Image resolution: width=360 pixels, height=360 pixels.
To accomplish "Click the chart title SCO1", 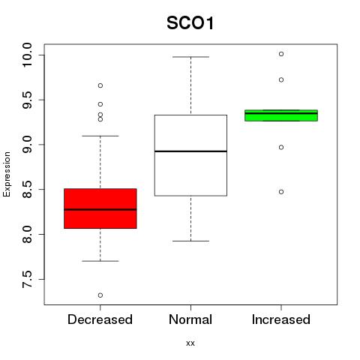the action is (x=190, y=23).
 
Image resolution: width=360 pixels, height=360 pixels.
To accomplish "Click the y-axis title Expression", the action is (x=7, y=174).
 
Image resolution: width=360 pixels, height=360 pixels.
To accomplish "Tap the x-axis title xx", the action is (x=190, y=343).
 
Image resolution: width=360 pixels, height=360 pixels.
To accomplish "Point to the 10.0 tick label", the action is (x=27, y=55).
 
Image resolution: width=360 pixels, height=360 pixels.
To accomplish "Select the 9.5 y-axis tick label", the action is (x=27, y=100).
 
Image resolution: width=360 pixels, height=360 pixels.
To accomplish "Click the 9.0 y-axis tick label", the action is (x=27, y=145).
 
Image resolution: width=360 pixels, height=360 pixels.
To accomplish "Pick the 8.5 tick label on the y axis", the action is (x=27, y=190).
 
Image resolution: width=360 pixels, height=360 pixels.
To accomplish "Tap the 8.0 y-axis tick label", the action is (x=27, y=234).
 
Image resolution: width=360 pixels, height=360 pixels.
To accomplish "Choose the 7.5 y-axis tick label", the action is (x=27, y=279).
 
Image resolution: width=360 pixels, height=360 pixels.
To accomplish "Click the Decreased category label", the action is (x=100, y=319).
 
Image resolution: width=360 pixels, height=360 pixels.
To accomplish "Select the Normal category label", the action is (x=190, y=319).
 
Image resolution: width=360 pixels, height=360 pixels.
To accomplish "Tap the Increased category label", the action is (x=281, y=319).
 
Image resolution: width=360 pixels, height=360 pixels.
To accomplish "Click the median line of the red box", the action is (x=100, y=209).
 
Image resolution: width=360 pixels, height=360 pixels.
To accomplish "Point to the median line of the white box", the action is (x=190, y=151).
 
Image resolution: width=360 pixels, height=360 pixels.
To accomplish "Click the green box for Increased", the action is (x=281, y=115).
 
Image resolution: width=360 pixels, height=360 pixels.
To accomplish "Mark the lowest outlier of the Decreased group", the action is (x=100, y=295).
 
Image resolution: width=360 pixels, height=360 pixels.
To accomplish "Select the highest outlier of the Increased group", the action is (x=281, y=54).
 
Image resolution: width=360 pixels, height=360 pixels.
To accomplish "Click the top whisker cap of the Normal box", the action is (x=190, y=57).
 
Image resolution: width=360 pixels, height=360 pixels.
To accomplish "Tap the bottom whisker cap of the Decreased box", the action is (x=100, y=261).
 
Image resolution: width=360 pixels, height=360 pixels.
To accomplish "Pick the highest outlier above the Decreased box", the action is (x=100, y=85).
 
